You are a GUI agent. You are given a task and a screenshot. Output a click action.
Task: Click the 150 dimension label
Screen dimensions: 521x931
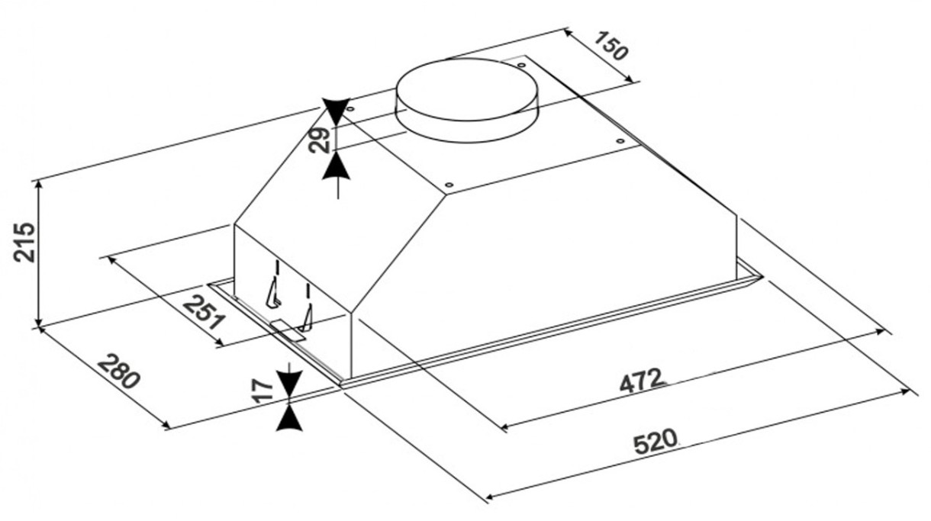[611, 47]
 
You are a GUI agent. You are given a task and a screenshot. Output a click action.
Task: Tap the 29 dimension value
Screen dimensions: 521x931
[321, 140]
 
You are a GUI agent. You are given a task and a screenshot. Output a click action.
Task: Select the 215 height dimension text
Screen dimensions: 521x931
[25, 243]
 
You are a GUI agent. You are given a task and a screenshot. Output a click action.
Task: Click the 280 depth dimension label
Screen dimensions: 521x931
[121, 371]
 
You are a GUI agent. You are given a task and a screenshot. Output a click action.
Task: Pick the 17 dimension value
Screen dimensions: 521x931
[263, 392]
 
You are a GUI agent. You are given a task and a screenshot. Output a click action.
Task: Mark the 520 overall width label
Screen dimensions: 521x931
[654, 442]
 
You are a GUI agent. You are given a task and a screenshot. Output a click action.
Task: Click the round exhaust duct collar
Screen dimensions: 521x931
[467, 100]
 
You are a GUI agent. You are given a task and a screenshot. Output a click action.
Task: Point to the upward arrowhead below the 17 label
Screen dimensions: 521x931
[290, 418]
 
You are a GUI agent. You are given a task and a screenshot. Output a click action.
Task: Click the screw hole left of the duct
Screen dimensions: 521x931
[349, 112]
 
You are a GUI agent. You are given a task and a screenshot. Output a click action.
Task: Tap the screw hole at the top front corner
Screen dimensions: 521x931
[449, 185]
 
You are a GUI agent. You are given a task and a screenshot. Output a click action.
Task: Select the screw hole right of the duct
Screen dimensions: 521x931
[620, 140]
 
